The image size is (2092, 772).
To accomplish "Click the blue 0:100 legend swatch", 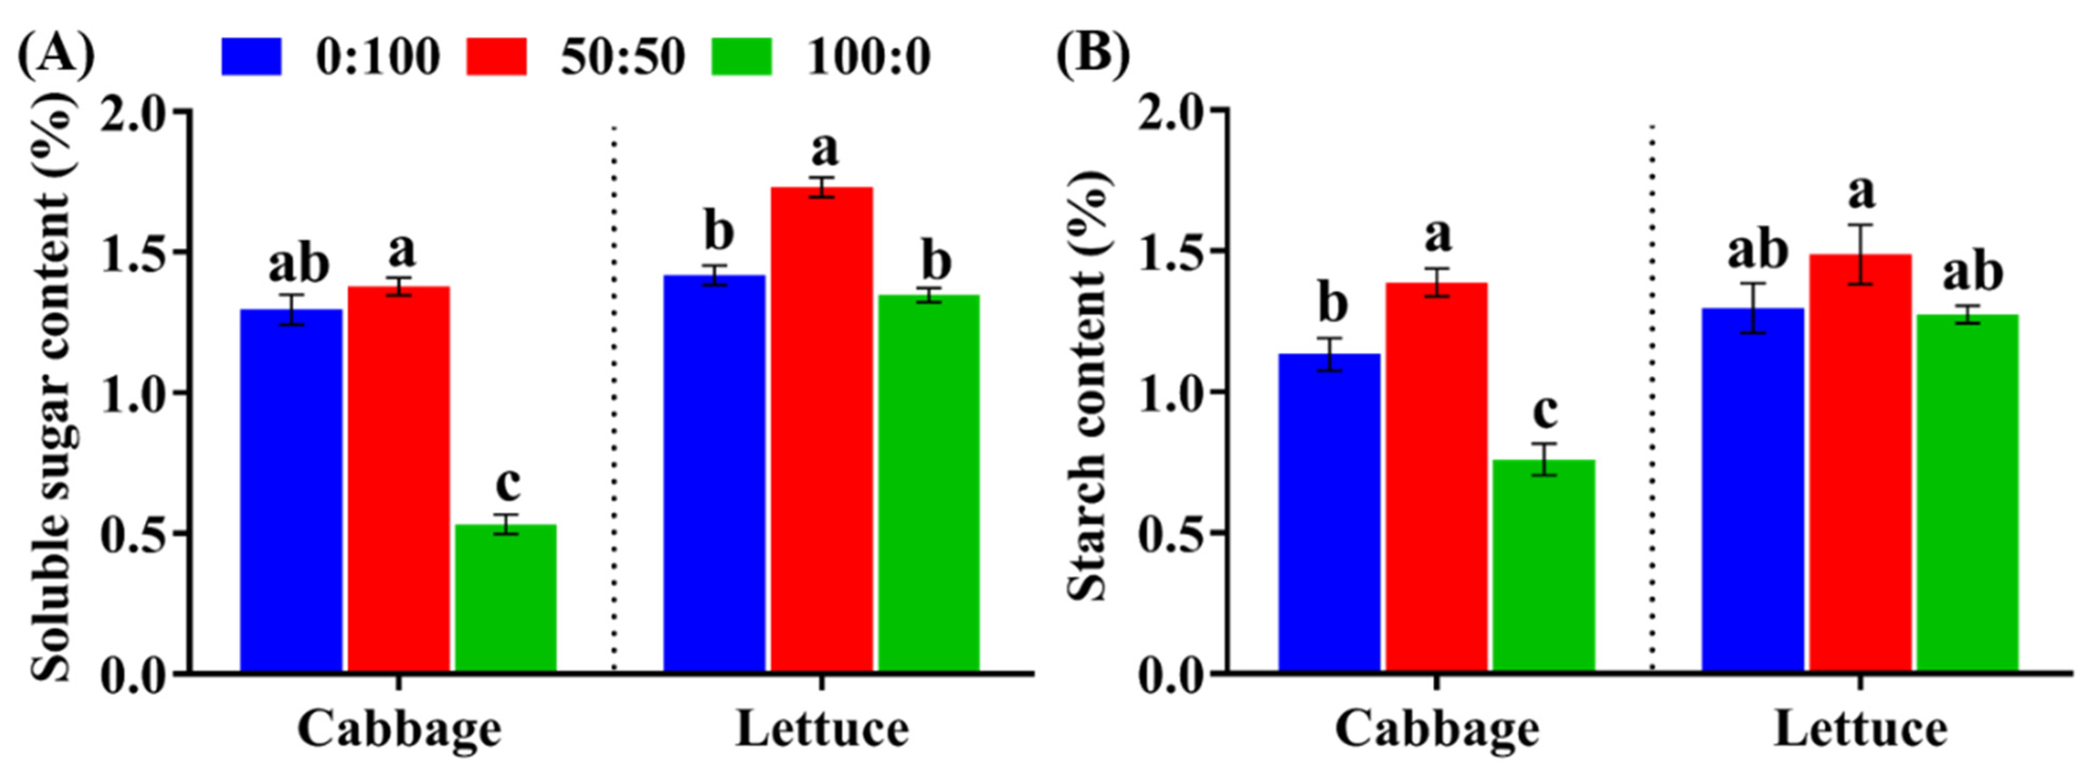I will (252, 57).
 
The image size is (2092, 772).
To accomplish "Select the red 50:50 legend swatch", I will (496, 57).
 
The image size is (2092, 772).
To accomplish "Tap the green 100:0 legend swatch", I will (741, 57).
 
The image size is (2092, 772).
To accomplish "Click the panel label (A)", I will (55, 54).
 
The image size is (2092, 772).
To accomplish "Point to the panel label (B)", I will (1092, 54).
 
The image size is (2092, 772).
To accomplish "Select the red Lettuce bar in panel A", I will (821, 430).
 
